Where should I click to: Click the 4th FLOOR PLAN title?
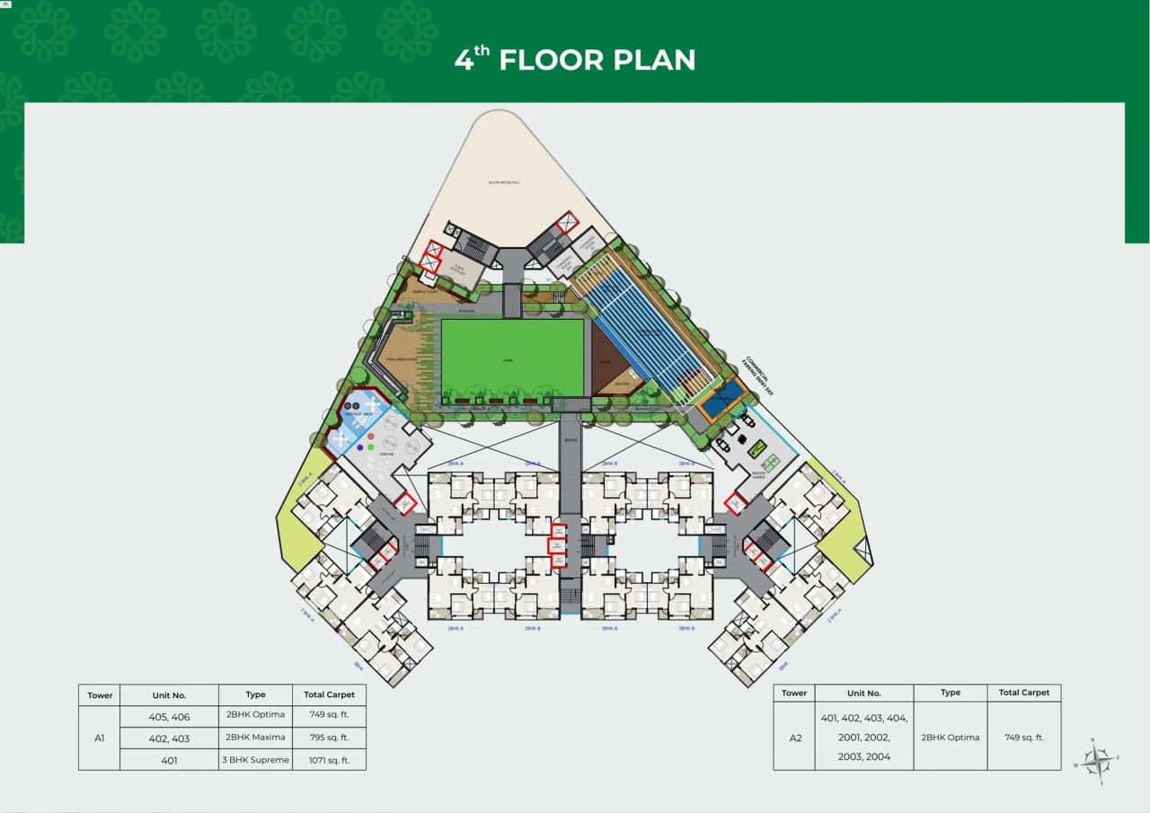pos(575,59)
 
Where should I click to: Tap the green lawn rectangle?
pos(512,357)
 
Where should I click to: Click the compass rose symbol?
pos(1095,760)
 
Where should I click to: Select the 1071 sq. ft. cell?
pos(329,760)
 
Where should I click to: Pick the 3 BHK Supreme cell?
pos(255,760)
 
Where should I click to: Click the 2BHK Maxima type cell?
pos(255,738)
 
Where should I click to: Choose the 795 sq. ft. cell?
pos(329,738)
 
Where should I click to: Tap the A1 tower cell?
pos(100,738)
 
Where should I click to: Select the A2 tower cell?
pos(794,738)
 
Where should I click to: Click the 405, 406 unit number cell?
pos(169,716)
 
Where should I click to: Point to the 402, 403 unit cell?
pos(169,738)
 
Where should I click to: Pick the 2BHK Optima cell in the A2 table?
pos(951,738)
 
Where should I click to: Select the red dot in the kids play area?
pos(370,436)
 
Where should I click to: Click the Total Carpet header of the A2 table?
pos(1023,693)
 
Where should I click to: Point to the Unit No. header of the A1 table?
pos(169,694)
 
